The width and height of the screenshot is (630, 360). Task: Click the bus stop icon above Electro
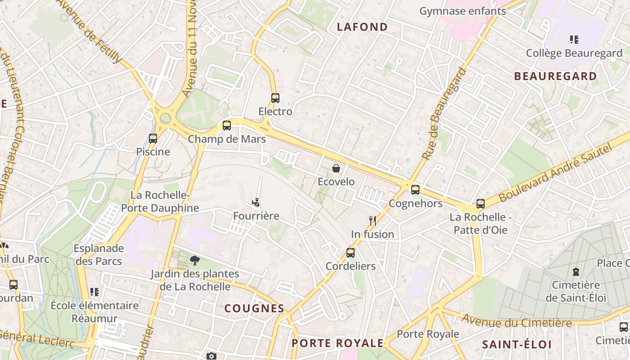[275, 98]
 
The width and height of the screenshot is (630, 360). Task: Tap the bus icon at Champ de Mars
[227, 126]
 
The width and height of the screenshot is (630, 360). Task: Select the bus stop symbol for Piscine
[153, 139]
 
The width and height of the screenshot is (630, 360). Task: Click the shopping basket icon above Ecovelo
[336, 169]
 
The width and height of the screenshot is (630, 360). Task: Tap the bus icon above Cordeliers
[351, 253]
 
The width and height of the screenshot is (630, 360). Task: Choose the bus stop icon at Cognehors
[415, 190]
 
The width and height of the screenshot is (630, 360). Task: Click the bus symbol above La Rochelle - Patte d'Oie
[481, 204]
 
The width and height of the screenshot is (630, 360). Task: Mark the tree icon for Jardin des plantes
[194, 260]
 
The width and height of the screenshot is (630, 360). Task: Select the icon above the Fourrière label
[256, 202]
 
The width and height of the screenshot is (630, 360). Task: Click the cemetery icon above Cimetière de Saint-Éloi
[576, 272]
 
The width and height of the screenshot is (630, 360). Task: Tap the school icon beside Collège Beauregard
[574, 40]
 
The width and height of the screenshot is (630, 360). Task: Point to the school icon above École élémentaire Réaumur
[94, 292]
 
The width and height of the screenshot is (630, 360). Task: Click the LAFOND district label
[362, 27]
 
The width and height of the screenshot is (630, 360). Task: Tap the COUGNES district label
[254, 308]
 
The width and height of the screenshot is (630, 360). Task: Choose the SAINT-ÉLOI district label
[517, 344]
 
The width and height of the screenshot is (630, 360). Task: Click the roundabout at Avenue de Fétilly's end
[166, 118]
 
